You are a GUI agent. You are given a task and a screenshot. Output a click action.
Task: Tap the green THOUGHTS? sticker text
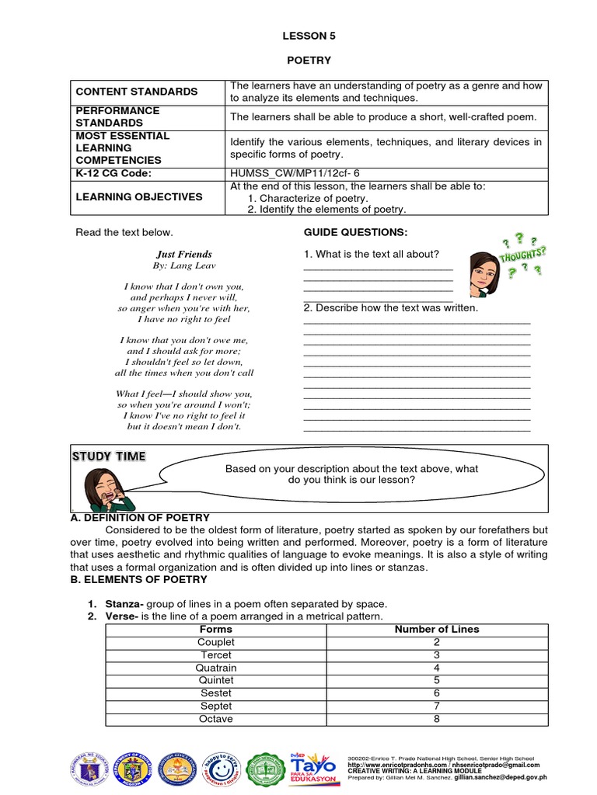(x=522, y=255)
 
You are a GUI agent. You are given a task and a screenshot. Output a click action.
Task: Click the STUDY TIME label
(x=109, y=456)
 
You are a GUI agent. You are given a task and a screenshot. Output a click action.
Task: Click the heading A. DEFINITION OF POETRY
(x=140, y=517)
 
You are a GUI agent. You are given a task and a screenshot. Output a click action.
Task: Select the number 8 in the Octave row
(x=437, y=719)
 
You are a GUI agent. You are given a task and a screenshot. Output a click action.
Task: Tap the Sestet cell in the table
(x=216, y=693)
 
